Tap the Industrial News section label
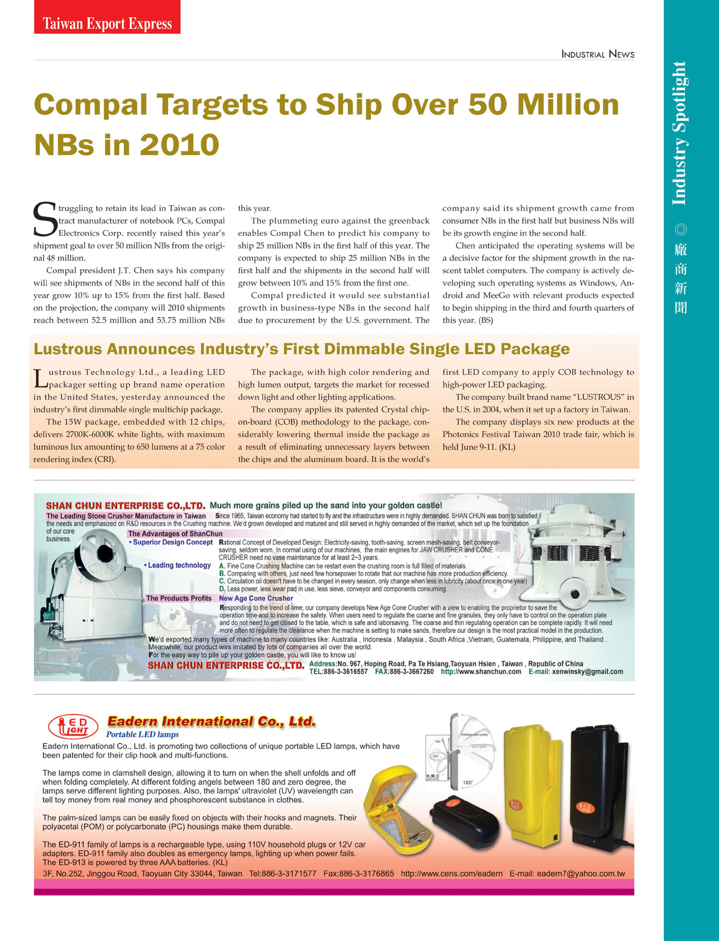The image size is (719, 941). (597, 54)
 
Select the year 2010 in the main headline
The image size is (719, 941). (180, 145)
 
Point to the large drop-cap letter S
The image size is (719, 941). (44, 220)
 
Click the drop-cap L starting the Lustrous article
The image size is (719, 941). (40, 379)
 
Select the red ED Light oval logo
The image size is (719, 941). (73, 726)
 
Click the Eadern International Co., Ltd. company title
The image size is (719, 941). (212, 722)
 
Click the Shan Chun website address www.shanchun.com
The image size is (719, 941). (481, 672)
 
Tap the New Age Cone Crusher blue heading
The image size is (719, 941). (256, 599)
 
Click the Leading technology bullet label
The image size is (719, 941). (179, 565)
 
